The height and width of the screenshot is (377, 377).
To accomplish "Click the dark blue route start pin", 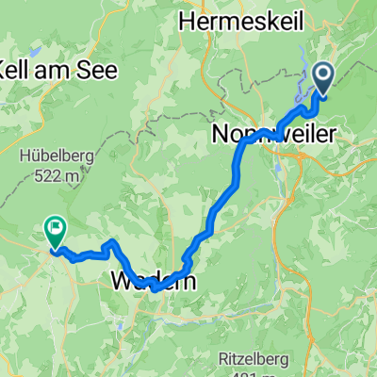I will tap(323, 77).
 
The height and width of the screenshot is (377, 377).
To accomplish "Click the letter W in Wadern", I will tap(123, 281).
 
